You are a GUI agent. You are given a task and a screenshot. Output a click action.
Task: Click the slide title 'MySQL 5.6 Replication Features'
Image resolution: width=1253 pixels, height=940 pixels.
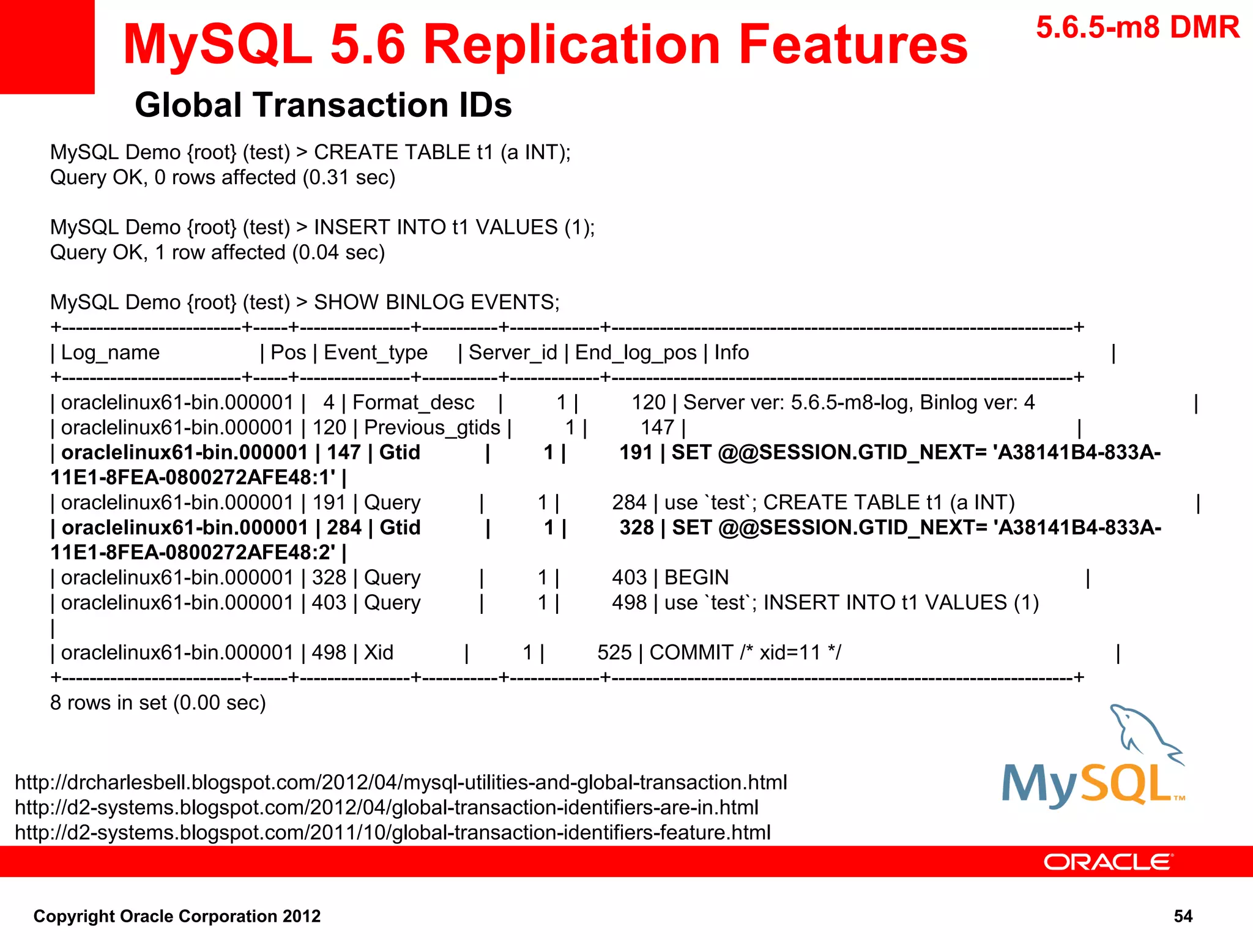(545, 44)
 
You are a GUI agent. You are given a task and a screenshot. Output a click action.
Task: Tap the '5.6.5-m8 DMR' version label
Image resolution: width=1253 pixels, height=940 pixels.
(1137, 28)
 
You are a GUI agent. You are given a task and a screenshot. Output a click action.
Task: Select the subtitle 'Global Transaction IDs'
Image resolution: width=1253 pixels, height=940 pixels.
(323, 105)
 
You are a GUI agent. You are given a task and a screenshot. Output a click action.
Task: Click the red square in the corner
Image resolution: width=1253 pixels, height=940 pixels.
(46, 47)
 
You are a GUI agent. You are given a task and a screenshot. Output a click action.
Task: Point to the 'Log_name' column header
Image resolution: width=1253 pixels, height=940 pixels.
(110, 352)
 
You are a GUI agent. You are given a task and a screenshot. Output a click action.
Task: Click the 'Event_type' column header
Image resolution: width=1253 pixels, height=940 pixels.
(375, 352)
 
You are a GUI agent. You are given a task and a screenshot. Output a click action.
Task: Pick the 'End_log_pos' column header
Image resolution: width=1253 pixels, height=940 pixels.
(636, 352)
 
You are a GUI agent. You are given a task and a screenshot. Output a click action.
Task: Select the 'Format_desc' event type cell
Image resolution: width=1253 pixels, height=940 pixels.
(413, 403)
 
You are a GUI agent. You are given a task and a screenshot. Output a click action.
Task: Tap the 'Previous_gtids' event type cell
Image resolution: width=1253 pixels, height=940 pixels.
(432, 428)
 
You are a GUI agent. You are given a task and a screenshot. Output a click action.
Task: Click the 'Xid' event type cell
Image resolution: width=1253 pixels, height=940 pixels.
(379, 653)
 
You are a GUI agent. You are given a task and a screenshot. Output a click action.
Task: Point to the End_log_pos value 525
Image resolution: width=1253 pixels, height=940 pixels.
(614, 653)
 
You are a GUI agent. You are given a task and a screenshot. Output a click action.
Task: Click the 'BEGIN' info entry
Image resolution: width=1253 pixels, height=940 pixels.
(696, 578)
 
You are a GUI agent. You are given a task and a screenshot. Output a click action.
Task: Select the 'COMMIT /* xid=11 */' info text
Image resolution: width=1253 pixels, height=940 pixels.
(745, 653)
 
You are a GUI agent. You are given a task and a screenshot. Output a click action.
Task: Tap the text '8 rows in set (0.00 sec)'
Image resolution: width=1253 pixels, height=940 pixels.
(158, 703)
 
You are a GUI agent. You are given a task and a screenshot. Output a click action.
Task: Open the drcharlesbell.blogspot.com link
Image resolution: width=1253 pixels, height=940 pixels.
(401, 783)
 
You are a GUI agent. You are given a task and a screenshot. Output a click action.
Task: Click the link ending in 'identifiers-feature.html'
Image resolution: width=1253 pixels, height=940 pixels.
(392, 833)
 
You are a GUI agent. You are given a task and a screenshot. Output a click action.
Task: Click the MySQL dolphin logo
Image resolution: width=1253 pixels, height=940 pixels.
(1093, 759)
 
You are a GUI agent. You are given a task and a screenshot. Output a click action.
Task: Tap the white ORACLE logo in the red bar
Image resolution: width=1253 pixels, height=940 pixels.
(1108, 862)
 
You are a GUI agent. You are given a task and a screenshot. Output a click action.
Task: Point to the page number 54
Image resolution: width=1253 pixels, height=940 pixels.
(1183, 916)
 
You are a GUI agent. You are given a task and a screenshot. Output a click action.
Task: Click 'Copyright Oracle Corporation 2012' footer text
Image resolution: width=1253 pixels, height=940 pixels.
(177, 916)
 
